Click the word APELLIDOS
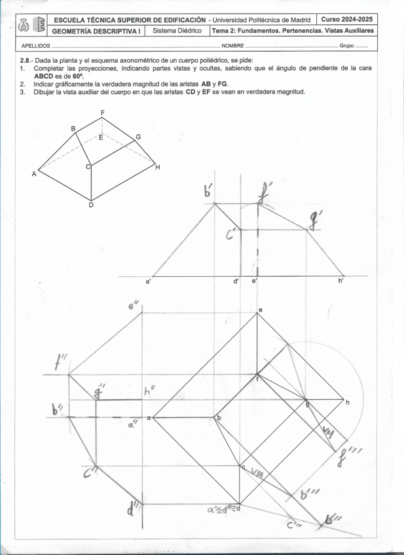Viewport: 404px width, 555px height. click(35, 46)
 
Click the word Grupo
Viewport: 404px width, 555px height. click(348, 46)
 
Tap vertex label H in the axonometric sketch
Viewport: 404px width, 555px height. click(157, 168)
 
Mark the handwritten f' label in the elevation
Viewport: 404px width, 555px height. click(265, 193)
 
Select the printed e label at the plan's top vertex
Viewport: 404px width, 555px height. click(260, 310)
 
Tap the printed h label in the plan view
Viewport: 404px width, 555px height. click(348, 402)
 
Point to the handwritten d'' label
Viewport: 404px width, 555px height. click(135, 507)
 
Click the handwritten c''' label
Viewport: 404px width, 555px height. click(294, 524)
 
